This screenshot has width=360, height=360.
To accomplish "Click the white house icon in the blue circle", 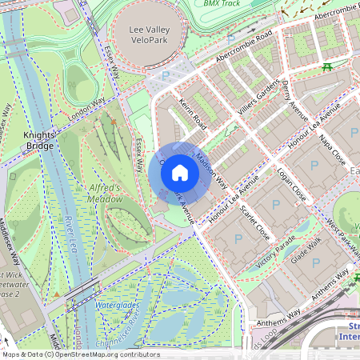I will [x=180, y=172].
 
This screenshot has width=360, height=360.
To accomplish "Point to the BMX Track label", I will [x=223, y=3].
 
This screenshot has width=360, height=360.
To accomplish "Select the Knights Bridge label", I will [x=39, y=140].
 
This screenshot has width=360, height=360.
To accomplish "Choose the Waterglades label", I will [x=118, y=305].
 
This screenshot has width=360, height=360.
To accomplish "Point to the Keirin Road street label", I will [x=194, y=115].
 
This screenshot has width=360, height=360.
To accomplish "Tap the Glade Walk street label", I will [x=306, y=254].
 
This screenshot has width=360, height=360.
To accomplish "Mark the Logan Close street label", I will [x=292, y=182].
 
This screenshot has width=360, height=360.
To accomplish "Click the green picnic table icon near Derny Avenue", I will [x=327, y=67].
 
